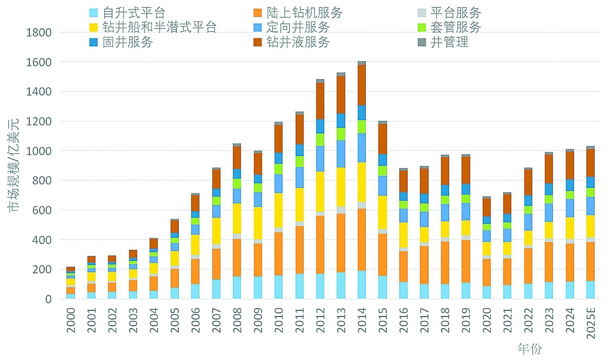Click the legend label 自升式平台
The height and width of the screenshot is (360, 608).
click(x=134, y=13)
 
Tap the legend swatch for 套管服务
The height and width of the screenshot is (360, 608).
click(x=422, y=27)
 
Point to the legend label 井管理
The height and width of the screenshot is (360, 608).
click(x=449, y=42)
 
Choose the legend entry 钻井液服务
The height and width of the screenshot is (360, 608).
click(x=298, y=42)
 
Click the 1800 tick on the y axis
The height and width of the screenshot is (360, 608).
click(x=38, y=33)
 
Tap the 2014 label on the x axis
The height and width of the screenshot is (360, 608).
click(x=362, y=320)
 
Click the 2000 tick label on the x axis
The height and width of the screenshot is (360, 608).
click(x=71, y=320)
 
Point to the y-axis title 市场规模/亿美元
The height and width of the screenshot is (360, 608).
click(x=14, y=165)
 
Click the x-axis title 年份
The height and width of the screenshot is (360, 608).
click(x=529, y=349)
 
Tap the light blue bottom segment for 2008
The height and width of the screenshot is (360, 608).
click(x=237, y=287)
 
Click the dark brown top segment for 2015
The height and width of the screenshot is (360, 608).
click(x=382, y=139)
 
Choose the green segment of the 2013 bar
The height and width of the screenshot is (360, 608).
click(x=341, y=134)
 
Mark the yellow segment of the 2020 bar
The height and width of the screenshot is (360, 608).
click(x=487, y=248)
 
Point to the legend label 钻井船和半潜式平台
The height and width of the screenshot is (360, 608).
click(x=159, y=27)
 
